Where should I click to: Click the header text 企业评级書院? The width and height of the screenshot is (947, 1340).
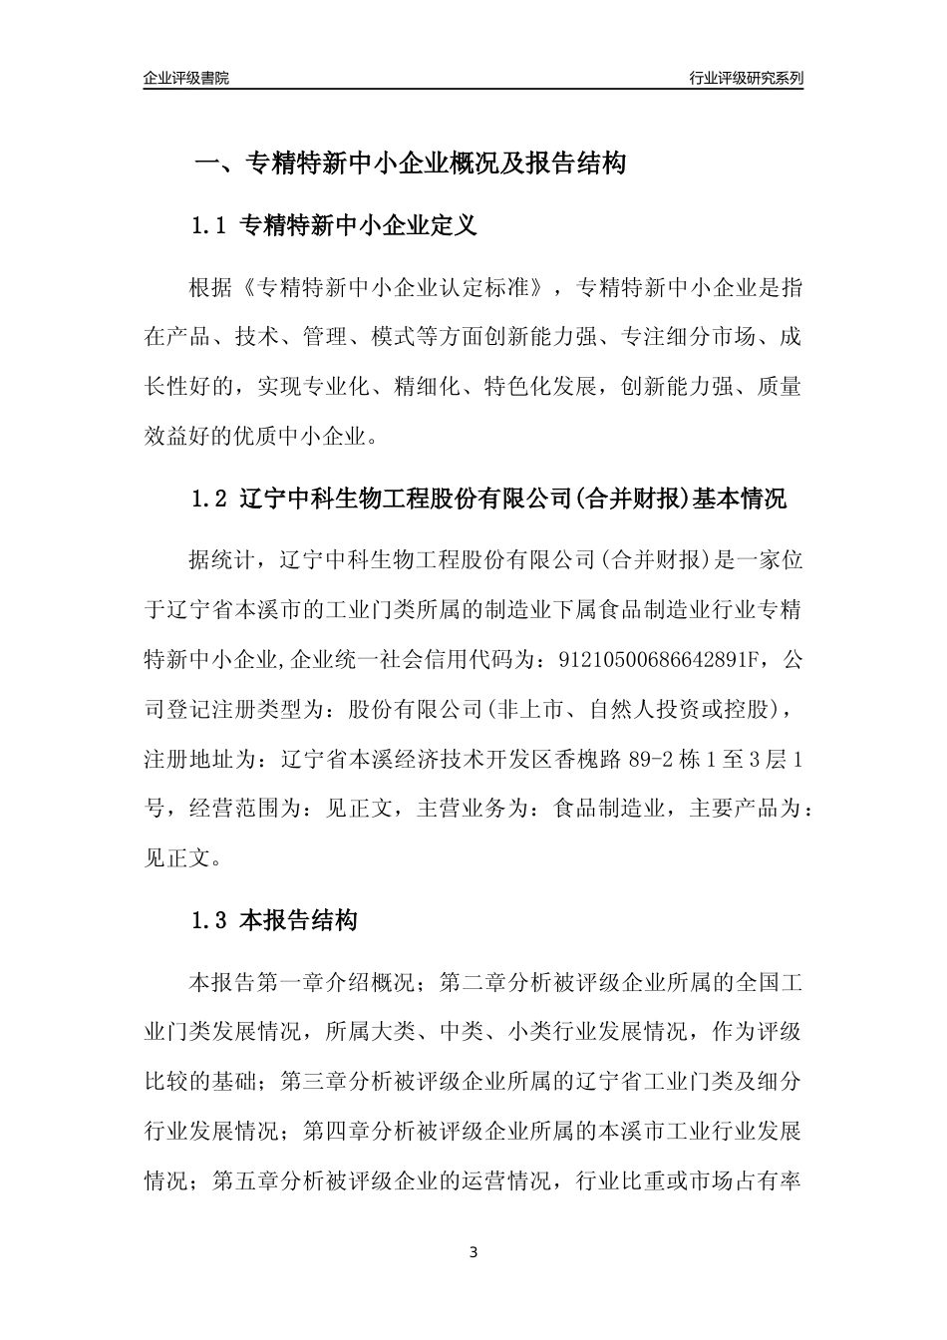coord(186,78)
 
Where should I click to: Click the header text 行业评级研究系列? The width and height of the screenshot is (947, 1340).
coord(746,78)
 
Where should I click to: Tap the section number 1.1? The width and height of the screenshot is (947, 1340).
coord(210,226)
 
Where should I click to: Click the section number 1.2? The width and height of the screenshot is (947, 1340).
coord(210,499)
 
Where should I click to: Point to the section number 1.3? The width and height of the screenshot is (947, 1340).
coord(210,921)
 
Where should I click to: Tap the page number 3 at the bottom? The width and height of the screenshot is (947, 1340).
coord(473,1252)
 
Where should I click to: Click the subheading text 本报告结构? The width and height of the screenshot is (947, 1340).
coord(300,921)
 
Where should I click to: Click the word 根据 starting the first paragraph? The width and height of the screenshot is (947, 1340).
coord(209,289)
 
